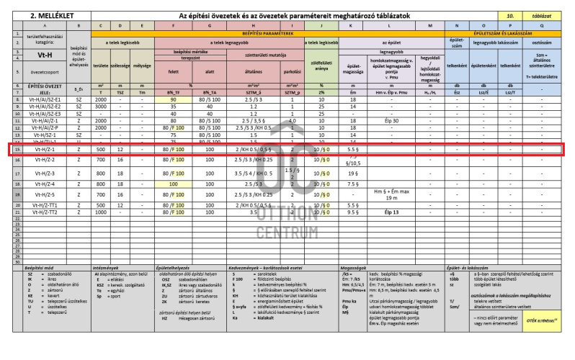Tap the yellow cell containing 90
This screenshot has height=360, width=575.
coord(173,99)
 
